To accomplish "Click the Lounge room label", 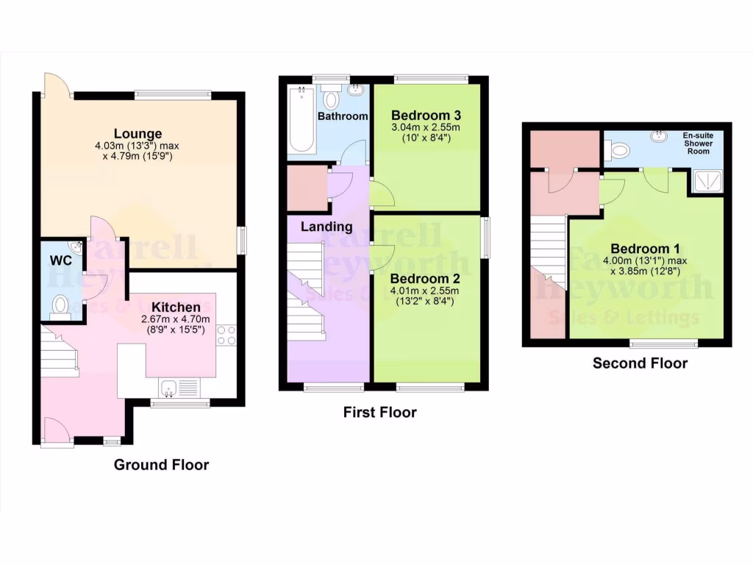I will pos(138,134).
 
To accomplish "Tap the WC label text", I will pos(60,260).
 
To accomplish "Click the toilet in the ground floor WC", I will pos(60,305).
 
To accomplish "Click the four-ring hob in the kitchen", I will pos(226,335).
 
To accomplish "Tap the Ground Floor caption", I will pos(161,465).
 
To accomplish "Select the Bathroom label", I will pos(343,116).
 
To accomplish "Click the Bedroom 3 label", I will pos(426,116).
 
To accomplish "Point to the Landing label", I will pos(326,227).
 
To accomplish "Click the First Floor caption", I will pos(379,413).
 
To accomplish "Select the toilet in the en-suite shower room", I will pos(618,151).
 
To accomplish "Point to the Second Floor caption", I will pos(640,363).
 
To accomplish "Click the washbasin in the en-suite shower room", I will pos(657,136).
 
